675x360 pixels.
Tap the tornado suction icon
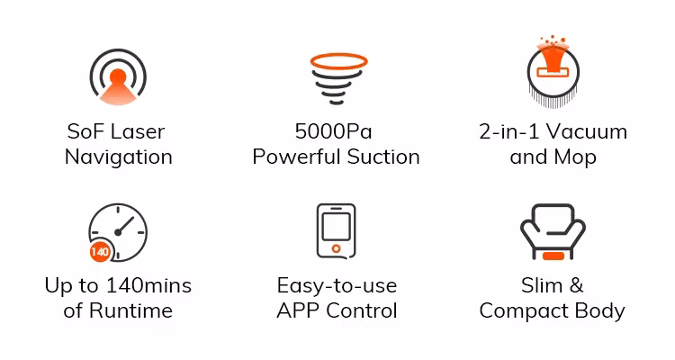(338, 79)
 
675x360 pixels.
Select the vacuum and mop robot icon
(553, 71)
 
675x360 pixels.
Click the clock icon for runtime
(119, 232)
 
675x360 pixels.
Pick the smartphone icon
(337, 231)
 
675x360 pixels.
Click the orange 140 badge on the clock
(100, 251)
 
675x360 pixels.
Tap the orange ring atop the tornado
(338, 61)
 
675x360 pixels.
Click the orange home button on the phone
(337, 248)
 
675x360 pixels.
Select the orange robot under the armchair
(553, 256)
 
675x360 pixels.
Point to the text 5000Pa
(334, 131)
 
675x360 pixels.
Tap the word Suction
(383, 157)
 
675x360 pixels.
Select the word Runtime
(130, 310)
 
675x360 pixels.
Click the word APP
(298, 310)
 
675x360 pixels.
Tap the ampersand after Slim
(576, 285)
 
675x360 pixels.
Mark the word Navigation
(119, 157)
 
